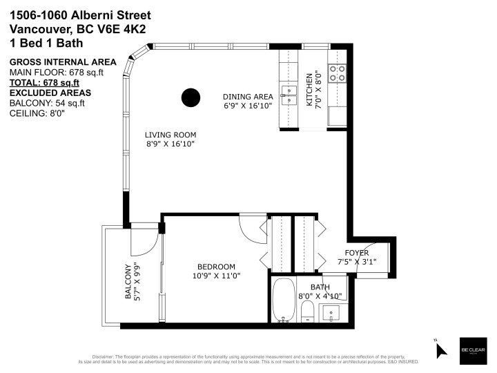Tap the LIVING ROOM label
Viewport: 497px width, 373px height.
pos(170,135)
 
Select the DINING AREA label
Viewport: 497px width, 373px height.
pos(247,97)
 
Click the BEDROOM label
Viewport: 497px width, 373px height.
pos(216,267)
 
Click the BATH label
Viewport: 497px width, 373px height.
pos(320,287)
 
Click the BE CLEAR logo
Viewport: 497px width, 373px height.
pos(473,350)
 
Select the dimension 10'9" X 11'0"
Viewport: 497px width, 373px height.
pos(216,276)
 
